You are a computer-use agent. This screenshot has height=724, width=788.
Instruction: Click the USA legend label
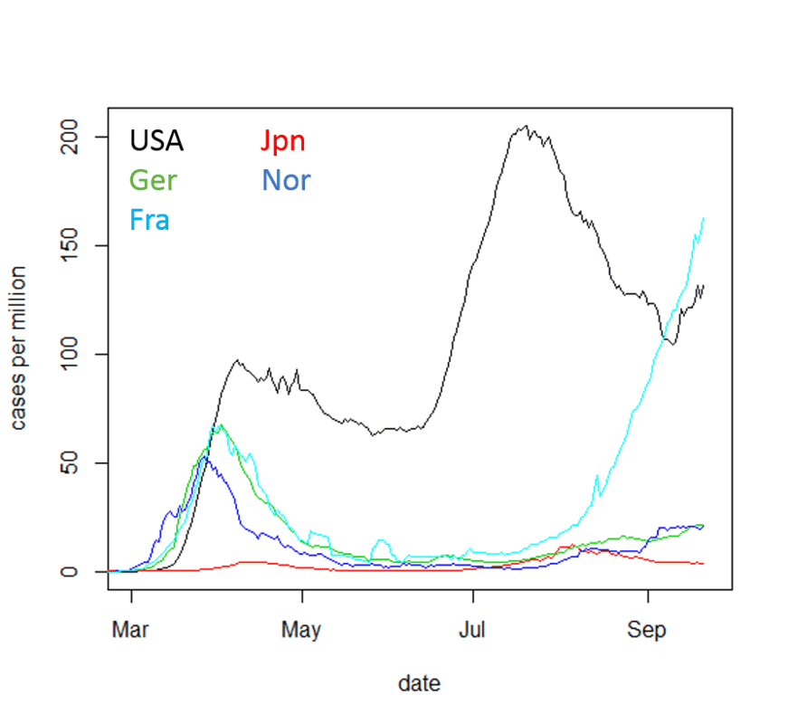click(x=157, y=140)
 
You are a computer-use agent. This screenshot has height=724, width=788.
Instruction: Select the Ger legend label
click(x=153, y=180)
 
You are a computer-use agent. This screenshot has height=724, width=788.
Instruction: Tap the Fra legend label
click(x=149, y=219)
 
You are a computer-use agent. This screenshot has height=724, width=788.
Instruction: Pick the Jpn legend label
click(x=282, y=140)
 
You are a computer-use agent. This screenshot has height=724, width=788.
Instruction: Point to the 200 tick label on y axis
click(x=70, y=137)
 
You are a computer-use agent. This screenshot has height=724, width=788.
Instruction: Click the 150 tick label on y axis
click(x=70, y=245)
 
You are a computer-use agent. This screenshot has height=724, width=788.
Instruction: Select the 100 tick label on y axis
click(x=70, y=354)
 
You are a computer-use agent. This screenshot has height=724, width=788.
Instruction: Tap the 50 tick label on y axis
click(x=70, y=463)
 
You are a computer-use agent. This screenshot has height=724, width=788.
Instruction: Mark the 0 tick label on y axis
click(x=70, y=572)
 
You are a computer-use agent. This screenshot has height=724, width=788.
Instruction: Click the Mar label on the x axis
click(x=130, y=630)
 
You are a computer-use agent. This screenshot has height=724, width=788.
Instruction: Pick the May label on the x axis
click(x=301, y=630)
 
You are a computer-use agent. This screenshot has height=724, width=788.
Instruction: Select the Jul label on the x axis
click(x=472, y=630)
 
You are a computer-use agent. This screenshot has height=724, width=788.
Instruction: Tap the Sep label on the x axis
click(x=647, y=630)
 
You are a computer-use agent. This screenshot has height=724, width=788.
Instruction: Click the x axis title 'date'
click(x=420, y=683)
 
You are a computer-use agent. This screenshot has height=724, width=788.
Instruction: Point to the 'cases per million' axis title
click(x=19, y=348)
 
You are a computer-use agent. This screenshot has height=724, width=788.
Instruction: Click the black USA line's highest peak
click(x=526, y=127)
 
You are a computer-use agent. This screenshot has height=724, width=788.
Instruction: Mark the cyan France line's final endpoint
click(x=703, y=218)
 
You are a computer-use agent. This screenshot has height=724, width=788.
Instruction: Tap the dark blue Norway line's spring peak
click(x=204, y=458)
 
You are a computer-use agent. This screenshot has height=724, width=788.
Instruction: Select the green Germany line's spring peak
click(x=220, y=424)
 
